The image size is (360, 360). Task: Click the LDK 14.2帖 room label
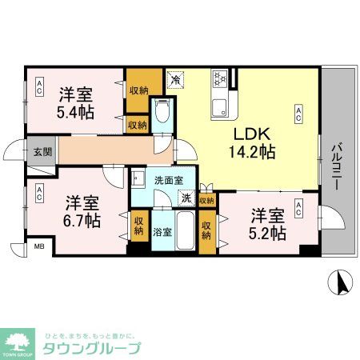tap(254, 142)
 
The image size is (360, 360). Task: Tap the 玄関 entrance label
tap(41, 150)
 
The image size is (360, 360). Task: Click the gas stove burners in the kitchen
tap(220, 79)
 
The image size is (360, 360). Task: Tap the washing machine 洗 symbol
tap(185, 198)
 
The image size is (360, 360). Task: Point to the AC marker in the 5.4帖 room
tap(38, 90)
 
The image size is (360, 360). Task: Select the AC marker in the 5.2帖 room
tap(298, 209)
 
